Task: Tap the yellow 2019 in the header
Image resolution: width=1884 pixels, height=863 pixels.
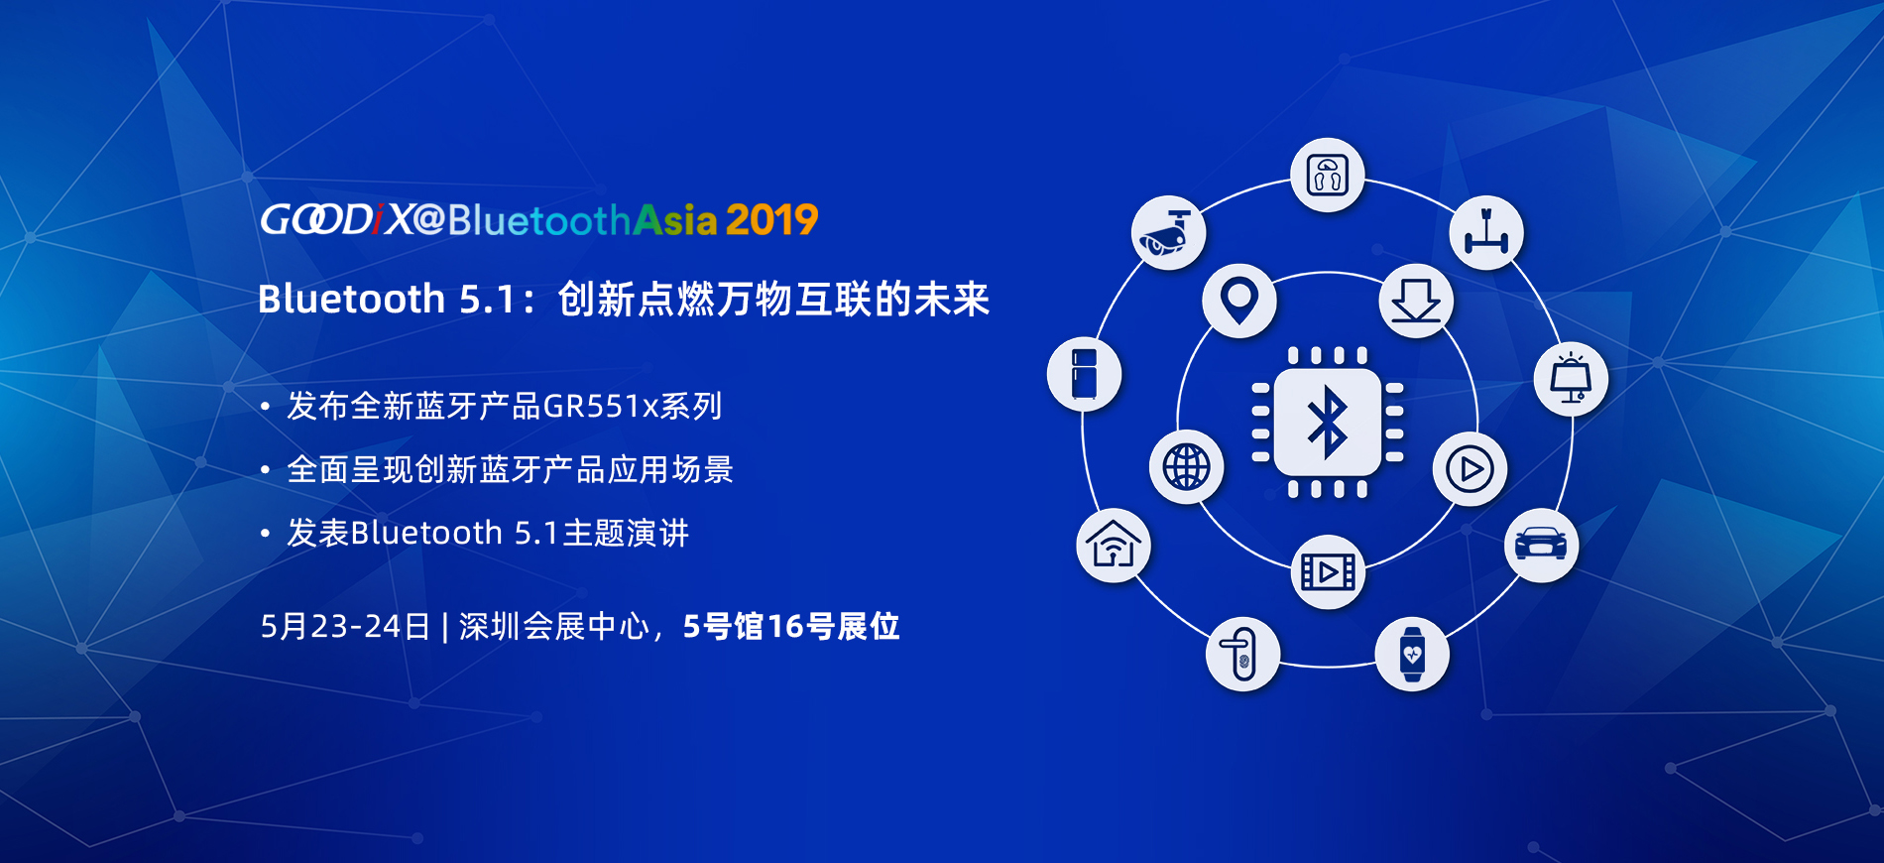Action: tap(771, 220)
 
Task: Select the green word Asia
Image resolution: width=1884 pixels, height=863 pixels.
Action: tap(675, 220)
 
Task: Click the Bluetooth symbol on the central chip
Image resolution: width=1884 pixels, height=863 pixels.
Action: tap(1328, 422)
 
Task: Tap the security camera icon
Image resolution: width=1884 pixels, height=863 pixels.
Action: tap(1168, 232)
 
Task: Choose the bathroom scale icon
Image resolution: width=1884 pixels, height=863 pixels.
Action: tap(1328, 176)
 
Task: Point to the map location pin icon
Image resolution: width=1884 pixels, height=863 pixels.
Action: tap(1239, 300)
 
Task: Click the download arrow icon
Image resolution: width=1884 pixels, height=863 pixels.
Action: tap(1416, 300)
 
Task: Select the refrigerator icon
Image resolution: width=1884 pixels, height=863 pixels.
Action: tap(1084, 374)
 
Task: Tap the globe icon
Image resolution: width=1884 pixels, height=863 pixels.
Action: tap(1186, 466)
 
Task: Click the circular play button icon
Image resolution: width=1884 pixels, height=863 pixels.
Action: tap(1470, 468)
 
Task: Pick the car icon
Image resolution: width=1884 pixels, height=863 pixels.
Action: tap(1541, 545)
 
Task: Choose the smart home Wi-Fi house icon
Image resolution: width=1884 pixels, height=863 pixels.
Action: tap(1114, 545)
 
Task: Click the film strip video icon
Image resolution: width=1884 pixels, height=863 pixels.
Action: tap(1328, 571)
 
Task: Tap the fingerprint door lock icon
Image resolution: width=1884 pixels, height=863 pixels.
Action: tap(1242, 654)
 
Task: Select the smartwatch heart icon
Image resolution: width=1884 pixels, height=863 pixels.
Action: tap(1412, 654)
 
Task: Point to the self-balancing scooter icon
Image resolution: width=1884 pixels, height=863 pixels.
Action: tap(1485, 232)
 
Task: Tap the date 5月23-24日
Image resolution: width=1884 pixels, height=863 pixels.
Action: tap(345, 627)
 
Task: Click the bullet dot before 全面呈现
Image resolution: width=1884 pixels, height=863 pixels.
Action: tap(265, 470)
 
